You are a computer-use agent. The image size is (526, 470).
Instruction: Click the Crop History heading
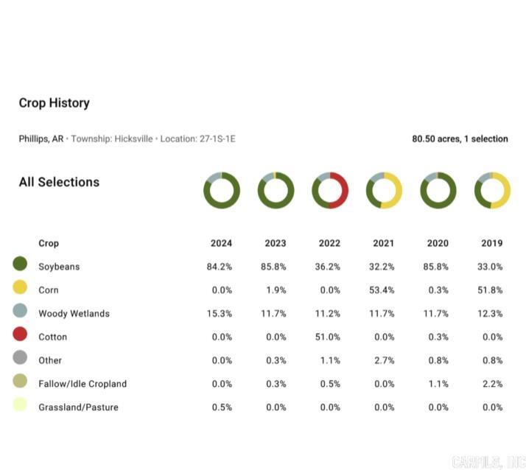54,103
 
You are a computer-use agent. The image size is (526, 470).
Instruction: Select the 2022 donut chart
330,191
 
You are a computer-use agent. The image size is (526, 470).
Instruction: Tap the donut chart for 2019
492,191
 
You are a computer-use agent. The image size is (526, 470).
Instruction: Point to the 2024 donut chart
222,191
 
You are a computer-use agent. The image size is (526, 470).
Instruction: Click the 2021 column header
383,243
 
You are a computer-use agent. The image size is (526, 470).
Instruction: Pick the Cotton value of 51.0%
329,337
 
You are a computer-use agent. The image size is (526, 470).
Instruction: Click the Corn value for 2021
383,290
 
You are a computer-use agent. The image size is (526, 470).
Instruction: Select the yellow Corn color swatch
20,287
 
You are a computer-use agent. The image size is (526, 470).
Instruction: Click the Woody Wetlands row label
74,314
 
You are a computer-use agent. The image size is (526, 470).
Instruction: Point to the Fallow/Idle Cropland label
83,384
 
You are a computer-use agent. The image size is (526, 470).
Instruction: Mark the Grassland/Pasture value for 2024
222,407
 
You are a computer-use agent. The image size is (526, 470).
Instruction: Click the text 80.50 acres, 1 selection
460,138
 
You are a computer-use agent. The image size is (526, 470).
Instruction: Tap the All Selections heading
59,182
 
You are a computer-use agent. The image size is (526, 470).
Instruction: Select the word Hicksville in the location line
133,138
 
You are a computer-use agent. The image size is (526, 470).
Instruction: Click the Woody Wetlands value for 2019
490,314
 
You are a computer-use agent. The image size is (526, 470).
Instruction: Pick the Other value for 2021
383,360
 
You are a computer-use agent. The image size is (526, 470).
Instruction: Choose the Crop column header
49,243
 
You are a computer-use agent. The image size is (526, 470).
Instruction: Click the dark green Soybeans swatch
20,264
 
